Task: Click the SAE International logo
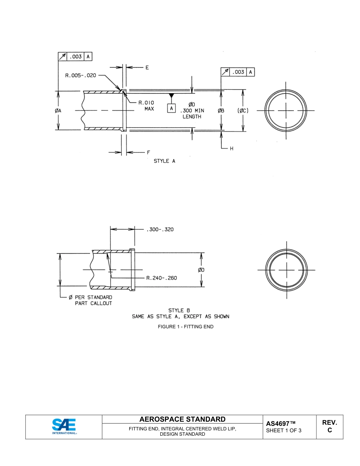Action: pos(64,427)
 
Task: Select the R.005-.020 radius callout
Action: pos(81,75)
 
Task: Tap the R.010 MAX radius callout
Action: pos(146,106)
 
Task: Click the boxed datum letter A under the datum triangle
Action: pos(172,108)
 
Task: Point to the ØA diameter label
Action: pos(58,111)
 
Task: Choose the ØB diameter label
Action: pos(221,111)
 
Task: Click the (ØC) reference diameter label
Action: pos(243,111)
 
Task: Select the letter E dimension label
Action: pos(147,68)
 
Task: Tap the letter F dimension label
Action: pos(149,153)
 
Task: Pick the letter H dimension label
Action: pos(232,149)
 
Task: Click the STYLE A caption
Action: pos(164,161)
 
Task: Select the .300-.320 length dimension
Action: pos(160,230)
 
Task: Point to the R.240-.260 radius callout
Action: pos(161,278)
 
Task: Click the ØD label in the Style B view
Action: pos(201,270)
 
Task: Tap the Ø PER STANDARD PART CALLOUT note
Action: pos(90,300)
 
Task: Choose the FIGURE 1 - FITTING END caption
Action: pos(186,327)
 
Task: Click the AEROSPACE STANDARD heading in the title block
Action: pos(182,419)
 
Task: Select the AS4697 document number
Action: pos(280,424)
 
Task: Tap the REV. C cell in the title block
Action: pos(329,427)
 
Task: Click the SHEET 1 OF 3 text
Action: pos(284,431)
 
